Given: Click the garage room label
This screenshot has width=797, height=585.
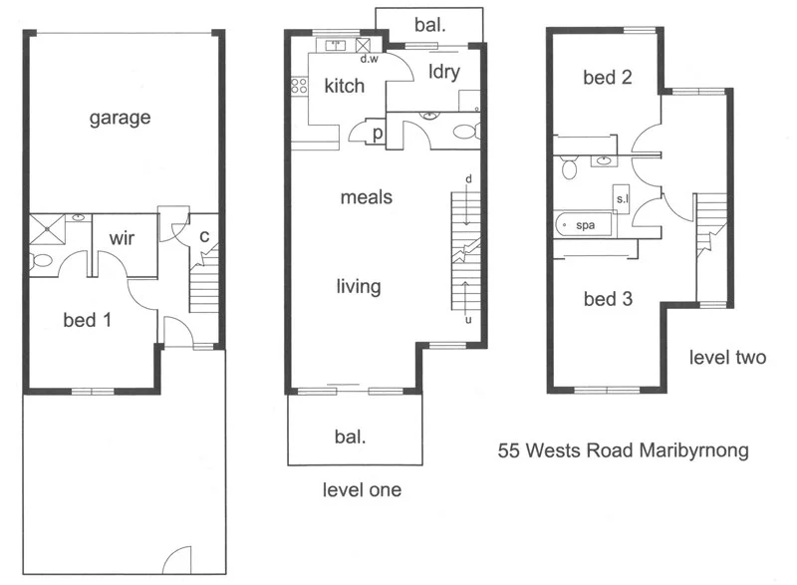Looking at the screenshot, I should pos(120,118).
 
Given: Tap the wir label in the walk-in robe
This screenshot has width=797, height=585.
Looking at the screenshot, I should pos(123,239).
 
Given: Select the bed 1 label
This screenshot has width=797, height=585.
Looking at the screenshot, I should pos(87,320).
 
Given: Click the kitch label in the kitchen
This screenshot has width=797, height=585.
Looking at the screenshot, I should pos(345,87).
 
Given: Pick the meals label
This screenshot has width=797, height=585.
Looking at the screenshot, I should pos(367,197).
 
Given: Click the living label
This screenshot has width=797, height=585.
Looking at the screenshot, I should pos(359,287).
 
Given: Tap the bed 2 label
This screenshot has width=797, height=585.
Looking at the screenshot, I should pos(608,77).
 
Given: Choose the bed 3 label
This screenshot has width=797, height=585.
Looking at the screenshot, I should pos(608,298).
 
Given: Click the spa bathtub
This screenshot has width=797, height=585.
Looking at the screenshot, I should pos(585,225).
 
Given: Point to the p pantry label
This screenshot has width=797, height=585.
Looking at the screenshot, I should pos(379,134).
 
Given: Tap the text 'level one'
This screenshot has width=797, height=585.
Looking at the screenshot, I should pos(362,490).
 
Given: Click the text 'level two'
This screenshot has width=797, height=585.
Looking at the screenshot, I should pos(728,358).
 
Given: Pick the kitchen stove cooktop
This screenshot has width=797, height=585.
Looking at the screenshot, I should pos(296,87).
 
